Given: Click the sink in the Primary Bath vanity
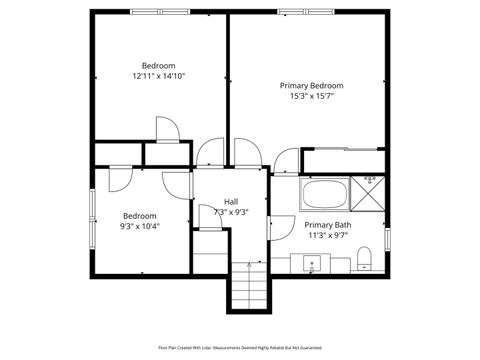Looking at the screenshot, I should [312, 264].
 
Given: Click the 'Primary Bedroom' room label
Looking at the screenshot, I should [312, 86].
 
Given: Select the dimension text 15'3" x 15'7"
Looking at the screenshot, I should [312, 97].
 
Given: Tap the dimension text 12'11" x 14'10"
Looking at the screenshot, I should [158, 76].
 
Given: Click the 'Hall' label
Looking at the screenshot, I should [231, 201].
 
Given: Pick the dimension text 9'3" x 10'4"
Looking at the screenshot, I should [141, 226].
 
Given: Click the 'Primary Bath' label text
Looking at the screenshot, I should [327, 225].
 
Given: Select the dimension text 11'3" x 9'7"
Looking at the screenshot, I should [327, 236].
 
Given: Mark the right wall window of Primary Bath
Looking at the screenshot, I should [386, 242].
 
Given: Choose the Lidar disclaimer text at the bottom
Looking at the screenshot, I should [240, 347].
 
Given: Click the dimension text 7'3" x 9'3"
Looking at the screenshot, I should [231, 212].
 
